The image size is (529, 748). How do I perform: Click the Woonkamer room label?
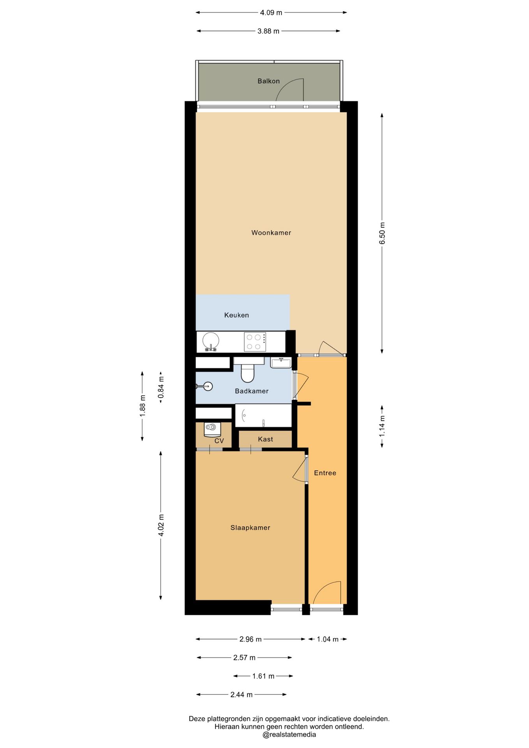[271, 233]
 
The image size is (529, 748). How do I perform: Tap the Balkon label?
[268, 81]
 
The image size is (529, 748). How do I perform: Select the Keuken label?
[236, 315]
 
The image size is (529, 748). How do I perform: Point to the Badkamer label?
[252, 391]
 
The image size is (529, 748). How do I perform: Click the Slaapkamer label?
[250, 528]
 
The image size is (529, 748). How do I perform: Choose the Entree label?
[325, 473]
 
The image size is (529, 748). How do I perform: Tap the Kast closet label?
[265, 439]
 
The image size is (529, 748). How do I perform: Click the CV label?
[219, 441]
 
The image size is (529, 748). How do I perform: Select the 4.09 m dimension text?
[271, 12]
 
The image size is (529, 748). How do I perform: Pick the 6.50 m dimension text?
[382, 233]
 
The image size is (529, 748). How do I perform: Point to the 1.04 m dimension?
[328, 639]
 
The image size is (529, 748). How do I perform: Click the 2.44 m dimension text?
[242, 695]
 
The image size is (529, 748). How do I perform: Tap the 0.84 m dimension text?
[161, 388]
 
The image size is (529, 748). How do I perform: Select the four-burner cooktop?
[255, 342]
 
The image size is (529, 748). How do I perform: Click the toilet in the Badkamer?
[248, 370]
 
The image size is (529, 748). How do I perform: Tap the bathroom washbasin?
[281, 363]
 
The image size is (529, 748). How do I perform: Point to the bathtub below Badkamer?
[263, 415]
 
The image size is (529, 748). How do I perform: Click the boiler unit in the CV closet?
[212, 429]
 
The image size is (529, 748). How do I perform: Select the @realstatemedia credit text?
[289, 735]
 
